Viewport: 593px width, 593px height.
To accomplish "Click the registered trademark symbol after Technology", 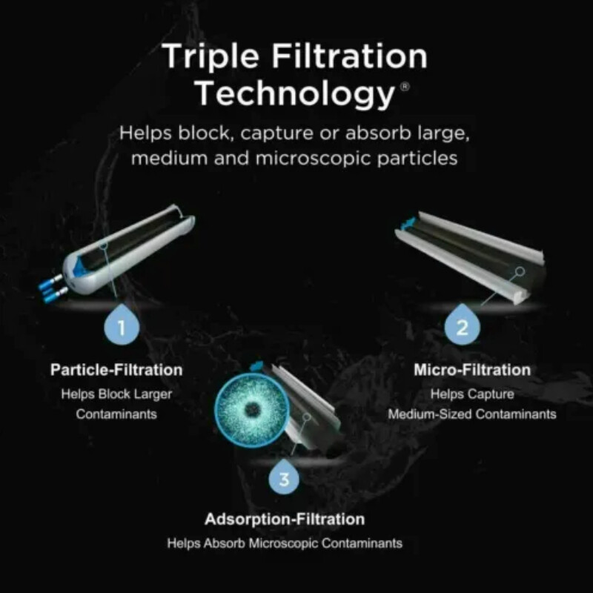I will (x=404, y=86).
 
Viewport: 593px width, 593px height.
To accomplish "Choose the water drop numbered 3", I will (x=285, y=478).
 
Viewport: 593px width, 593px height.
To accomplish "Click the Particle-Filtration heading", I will (x=116, y=368).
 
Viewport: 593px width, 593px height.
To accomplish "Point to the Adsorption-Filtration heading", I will (x=285, y=519).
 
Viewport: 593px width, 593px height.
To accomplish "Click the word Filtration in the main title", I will (x=350, y=57).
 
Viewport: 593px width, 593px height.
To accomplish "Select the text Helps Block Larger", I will (x=116, y=394).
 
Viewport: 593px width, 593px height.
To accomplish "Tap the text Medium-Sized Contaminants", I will (x=472, y=414).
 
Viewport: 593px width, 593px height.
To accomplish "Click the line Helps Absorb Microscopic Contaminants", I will (x=285, y=543).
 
